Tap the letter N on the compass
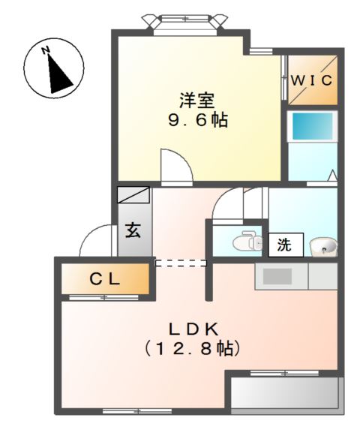46,50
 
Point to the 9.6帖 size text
198,120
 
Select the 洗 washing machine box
285,244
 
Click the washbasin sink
323,245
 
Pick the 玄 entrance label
133,231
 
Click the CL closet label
106,279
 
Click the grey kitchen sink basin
277,275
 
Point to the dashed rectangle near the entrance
181,263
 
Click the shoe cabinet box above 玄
133,195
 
